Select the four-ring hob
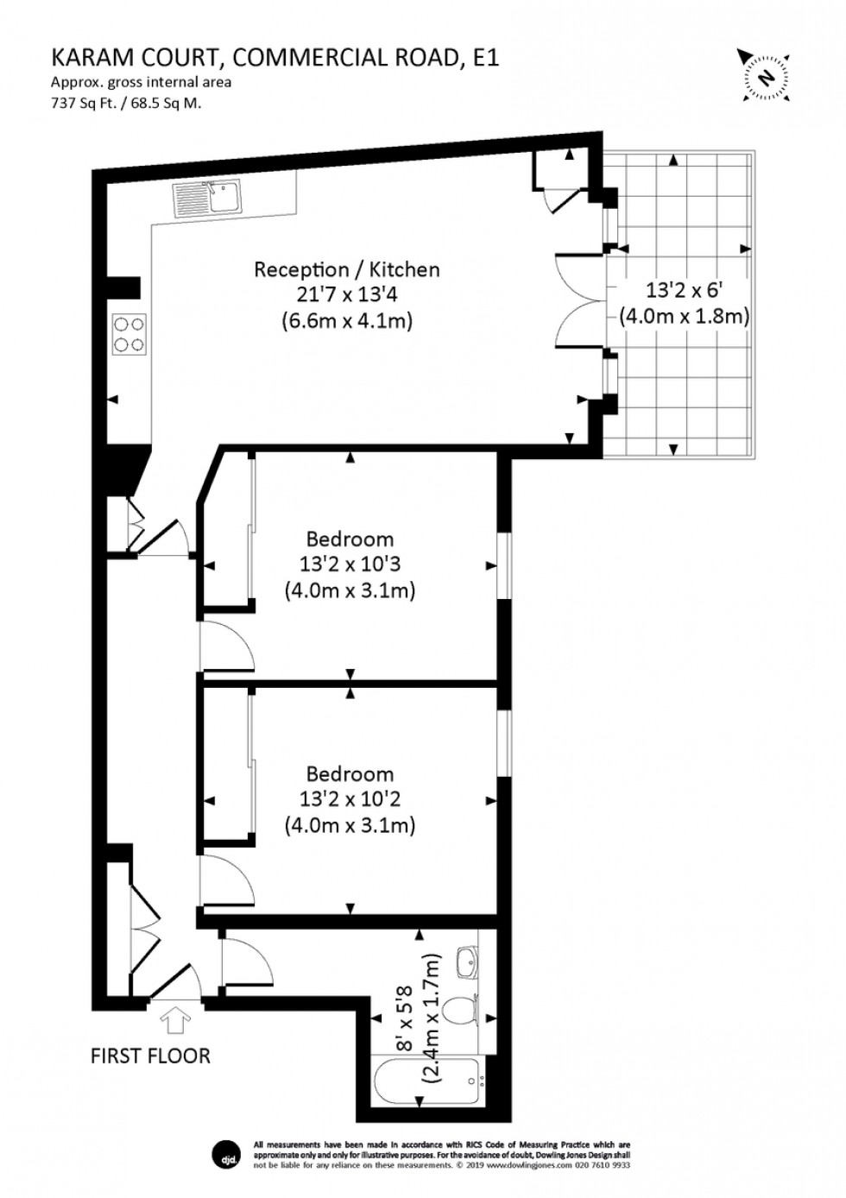point(129,334)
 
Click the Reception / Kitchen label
point(346,269)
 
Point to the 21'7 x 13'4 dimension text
point(346,294)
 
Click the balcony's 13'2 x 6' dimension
point(684,290)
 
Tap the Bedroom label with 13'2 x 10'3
point(350,539)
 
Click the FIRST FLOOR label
point(150,1056)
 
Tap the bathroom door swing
point(237,960)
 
